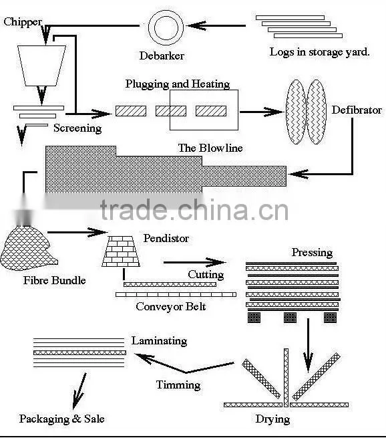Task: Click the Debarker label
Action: point(162,56)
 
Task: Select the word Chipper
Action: point(23,22)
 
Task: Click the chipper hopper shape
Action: point(42,66)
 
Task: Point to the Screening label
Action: point(77,128)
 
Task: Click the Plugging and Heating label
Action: point(178,84)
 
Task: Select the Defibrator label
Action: point(357,110)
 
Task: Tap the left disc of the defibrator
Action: point(296,112)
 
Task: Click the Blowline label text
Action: point(210,148)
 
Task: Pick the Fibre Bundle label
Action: point(54,280)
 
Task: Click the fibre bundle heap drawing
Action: point(28,249)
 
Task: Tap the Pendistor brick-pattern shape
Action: point(121,251)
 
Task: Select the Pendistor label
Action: point(166,238)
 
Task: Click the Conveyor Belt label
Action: point(171,306)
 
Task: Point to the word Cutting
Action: point(206,275)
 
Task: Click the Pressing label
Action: point(312,253)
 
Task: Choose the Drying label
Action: point(272,419)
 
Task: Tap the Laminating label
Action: point(159,341)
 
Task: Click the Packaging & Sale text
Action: point(61,419)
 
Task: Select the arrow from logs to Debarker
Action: point(216,25)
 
